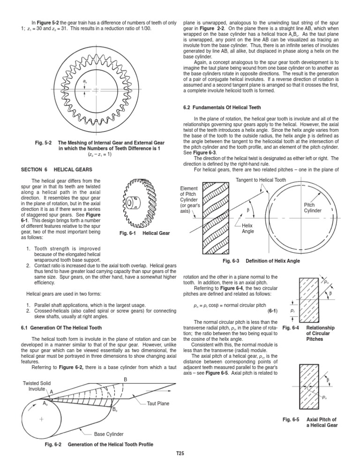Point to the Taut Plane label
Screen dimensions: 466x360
[158, 403]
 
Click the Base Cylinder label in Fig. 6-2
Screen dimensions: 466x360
[110, 434]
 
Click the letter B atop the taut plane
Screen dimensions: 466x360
[125, 379]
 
